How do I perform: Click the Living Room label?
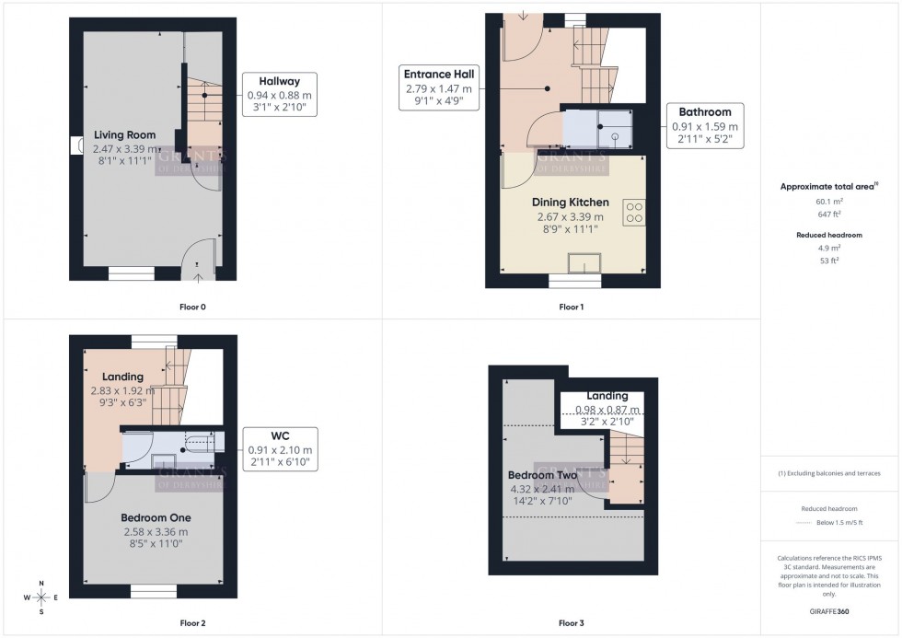124,135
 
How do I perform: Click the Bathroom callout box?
705,126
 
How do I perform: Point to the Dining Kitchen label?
570,203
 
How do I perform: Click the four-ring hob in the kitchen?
634,213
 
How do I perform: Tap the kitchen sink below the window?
583,264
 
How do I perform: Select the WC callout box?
280,448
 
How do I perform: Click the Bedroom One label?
155,517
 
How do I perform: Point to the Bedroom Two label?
540,475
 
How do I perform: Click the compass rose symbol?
40,597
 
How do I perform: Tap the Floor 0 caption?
193,307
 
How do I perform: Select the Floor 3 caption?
571,623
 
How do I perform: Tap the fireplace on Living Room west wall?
75,145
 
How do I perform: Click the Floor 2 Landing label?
122,377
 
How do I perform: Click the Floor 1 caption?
571,307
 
